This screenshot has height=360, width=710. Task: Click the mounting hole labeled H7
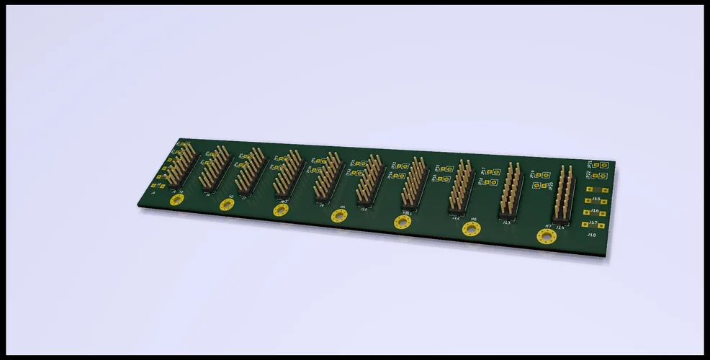547,237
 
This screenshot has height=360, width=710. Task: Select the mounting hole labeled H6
471,229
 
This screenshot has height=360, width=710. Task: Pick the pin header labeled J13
510,190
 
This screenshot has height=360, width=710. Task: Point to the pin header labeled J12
459,187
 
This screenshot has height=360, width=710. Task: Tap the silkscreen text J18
591,235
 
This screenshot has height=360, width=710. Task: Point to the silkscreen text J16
595,211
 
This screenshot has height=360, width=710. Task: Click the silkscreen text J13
507,222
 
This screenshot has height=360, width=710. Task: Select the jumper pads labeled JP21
601,165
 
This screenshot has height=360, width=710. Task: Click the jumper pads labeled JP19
543,174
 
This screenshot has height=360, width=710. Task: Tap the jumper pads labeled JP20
540,186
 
